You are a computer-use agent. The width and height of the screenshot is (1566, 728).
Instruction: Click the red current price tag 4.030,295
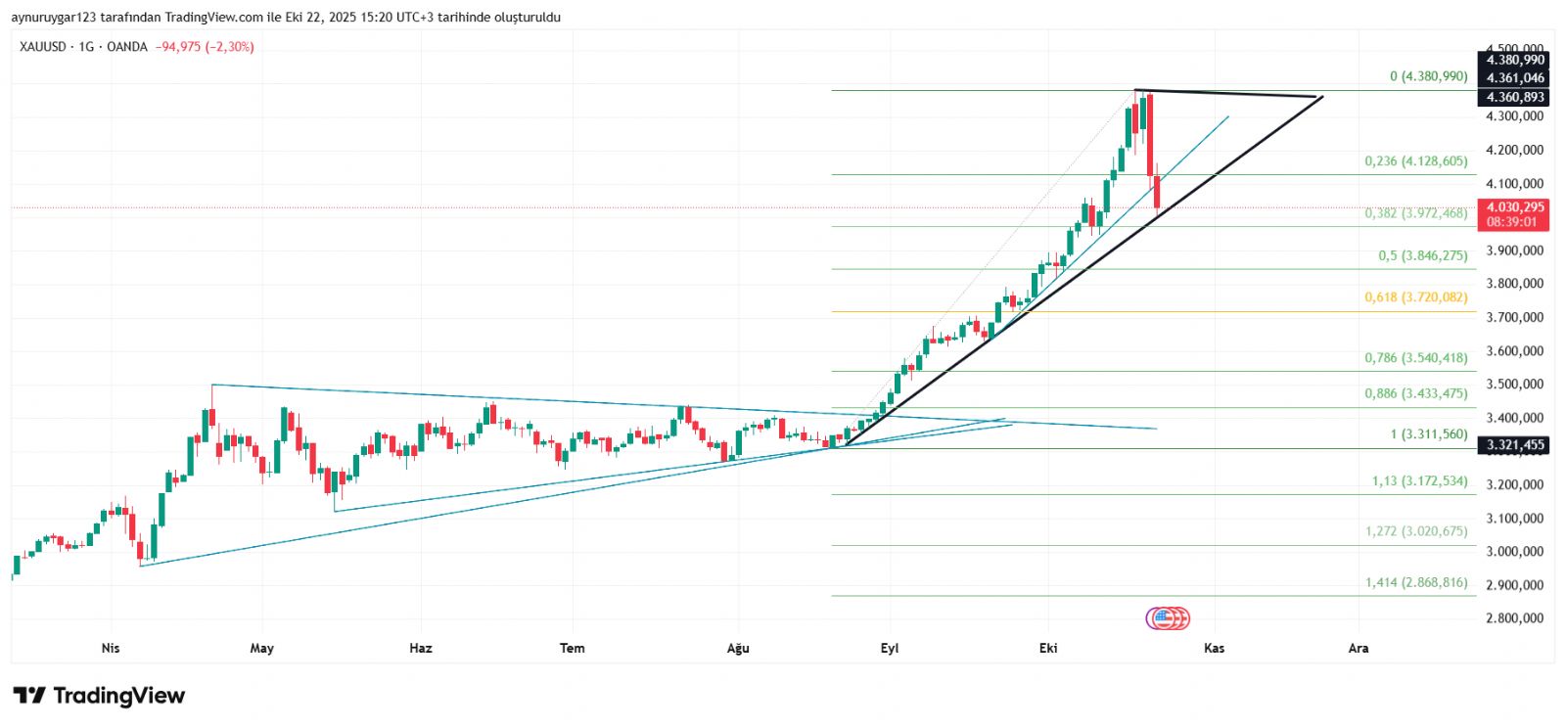coord(1513,207)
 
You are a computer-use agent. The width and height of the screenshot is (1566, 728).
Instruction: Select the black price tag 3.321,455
coord(1513,445)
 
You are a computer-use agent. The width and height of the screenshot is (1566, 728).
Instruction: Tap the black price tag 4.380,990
coord(1513,61)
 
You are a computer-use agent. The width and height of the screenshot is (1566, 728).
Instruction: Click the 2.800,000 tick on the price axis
coord(1514,618)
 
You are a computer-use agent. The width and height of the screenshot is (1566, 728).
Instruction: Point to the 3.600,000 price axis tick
coord(1514,351)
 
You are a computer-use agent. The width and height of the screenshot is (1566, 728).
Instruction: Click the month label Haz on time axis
coord(421,648)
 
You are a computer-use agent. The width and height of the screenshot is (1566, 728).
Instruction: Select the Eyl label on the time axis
coord(890,648)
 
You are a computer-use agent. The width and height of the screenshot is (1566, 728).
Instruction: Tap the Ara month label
coord(1359,648)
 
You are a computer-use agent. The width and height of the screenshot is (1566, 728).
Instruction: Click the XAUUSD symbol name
coord(43,47)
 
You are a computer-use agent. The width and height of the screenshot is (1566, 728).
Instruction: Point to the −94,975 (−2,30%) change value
coord(205,47)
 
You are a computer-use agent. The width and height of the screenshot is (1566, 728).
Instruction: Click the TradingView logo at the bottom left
coord(99,696)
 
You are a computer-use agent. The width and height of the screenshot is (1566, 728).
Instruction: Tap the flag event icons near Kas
coord(1168,618)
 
